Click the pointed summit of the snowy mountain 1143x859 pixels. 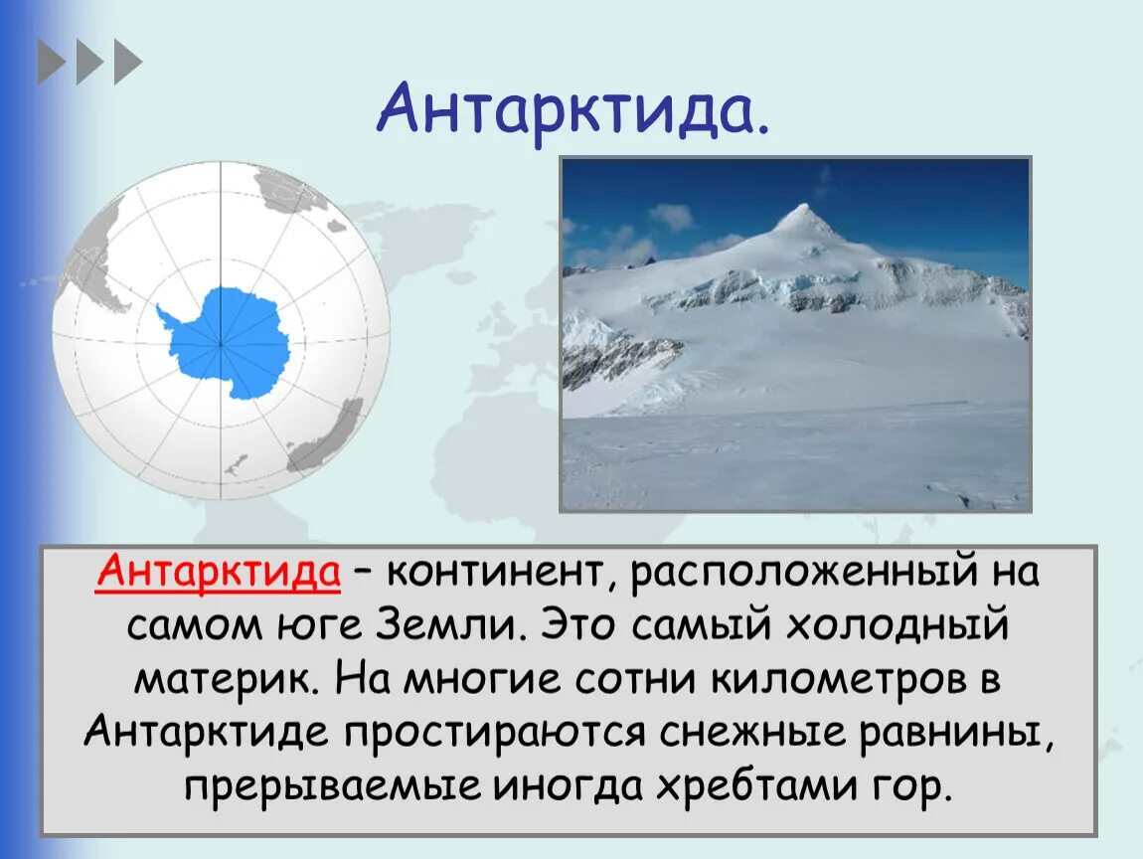tap(807, 210)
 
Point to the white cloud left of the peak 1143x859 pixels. tap(671, 216)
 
